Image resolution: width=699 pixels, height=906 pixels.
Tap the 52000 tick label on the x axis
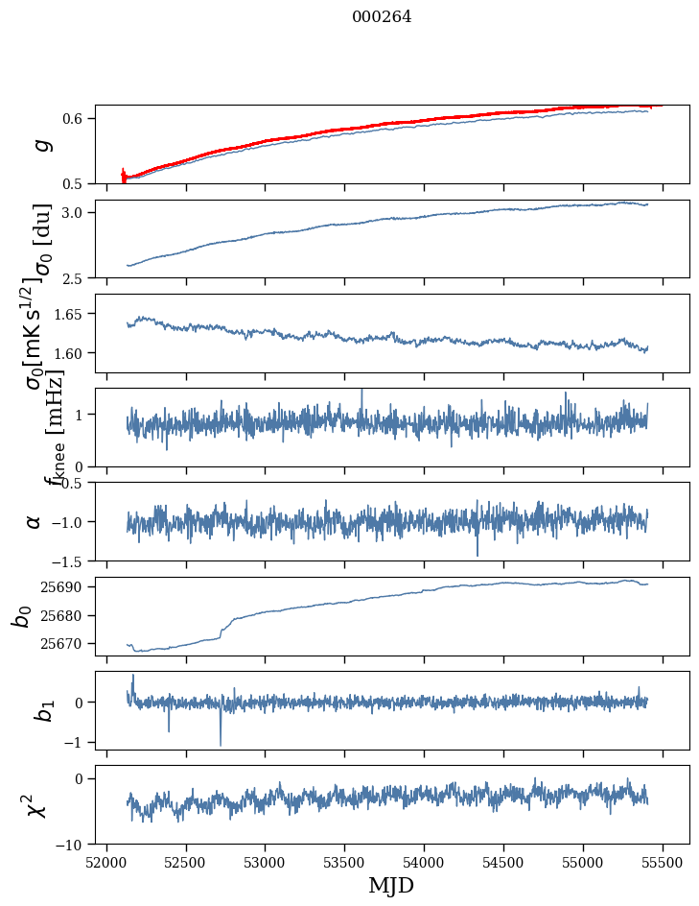(x=106, y=862)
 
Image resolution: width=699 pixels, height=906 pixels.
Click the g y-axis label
(x=39, y=144)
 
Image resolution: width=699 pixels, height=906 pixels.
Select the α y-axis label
(x=35, y=521)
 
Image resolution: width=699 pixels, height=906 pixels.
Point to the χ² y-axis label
(x=36, y=805)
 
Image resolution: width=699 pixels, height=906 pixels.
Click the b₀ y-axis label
(x=21, y=615)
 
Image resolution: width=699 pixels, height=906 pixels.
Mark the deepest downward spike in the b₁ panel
(x=221, y=745)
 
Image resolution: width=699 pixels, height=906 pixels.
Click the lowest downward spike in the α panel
(x=478, y=556)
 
